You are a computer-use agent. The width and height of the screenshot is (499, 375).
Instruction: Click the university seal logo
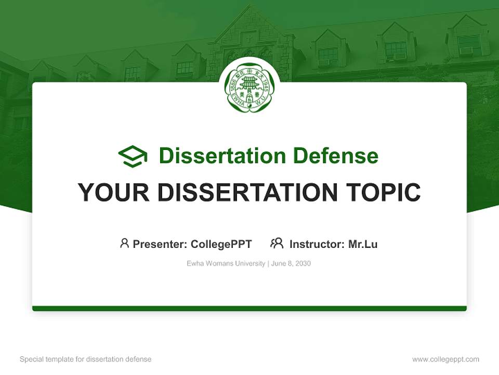coord(249,87)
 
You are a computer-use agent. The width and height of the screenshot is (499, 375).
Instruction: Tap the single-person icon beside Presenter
coord(124,243)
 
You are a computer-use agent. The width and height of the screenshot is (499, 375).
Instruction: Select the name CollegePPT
coord(221,244)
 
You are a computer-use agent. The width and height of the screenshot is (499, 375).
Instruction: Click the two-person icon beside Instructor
coord(277,243)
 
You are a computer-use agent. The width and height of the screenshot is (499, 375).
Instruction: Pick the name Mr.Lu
coord(363,244)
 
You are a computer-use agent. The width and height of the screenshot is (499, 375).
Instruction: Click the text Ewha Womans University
coord(226,264)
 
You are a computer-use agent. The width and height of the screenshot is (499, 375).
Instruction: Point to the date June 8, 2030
coord(291,264)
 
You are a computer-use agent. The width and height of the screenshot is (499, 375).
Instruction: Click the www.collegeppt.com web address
coord(445,359)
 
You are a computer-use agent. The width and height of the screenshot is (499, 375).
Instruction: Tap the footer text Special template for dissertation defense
coord(85,359)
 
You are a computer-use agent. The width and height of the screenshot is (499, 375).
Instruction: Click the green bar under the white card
coord(249,308)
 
